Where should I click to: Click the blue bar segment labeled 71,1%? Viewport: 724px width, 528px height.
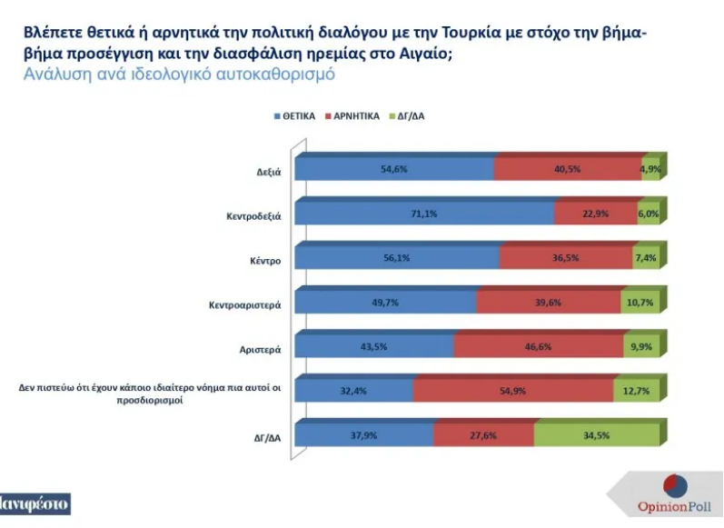pyautogui.click(x=425, y=214)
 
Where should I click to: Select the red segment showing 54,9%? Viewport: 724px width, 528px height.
pyautogui.click(x=513, y=391)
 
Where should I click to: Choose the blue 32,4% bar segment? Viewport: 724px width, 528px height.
pyautogui.click(x=355, y=391)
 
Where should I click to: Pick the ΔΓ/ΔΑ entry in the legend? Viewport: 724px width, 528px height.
pyautogui.click(x=412, y=117)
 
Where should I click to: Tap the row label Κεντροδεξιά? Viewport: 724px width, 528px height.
pyautogui.click(x=253, y=217)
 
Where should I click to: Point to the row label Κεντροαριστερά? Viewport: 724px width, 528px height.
pyautogui.click(x=246, y=305)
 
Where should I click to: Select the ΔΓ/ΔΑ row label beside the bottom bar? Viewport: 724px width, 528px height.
pyautogui.click(x=266, y=438)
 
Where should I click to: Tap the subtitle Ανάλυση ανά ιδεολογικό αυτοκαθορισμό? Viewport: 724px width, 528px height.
pyautogui.click(x=179, y=75)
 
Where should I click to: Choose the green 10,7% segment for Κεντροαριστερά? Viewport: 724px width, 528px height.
pyautogui.click(x=639, y=303)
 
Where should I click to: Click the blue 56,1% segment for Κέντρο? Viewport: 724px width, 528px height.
pyautogui.click(x=398, y=258)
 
